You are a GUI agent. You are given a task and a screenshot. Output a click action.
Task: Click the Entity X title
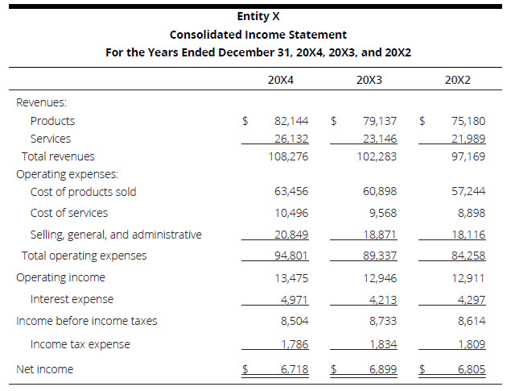coord(258,16)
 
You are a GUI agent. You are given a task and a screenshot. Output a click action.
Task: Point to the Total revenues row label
coord(58,156)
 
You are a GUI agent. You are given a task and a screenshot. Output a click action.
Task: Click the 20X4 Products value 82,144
coord(291,121)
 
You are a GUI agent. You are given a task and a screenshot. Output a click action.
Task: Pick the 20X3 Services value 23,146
coord(379,139)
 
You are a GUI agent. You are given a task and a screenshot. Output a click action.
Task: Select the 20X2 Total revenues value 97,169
coord(468,156)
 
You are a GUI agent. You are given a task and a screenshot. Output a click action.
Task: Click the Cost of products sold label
coord(83,192)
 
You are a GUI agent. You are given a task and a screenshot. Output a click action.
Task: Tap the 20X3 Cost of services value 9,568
coord(382,213)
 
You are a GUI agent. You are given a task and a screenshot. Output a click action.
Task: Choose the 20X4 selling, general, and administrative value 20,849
coord(291,235)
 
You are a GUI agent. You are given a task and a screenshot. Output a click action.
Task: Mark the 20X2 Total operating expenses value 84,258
coord(468,256)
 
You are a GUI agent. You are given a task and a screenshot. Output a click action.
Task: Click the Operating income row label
coord(60,277)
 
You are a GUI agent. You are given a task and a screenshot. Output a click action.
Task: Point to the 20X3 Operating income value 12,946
coord(379,277)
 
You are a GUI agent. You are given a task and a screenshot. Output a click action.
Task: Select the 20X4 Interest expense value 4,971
coord(294,299)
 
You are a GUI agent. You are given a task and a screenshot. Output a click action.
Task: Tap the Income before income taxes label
coord(87,321)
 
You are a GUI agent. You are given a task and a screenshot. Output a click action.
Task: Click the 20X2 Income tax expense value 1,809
coord(470,344)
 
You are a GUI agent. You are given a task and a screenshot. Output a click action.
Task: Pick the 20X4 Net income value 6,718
coord(294,369)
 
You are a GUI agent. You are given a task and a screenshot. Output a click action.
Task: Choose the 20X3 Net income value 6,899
coord(382,369)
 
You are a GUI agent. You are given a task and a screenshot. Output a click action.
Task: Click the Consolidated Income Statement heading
coord(258,35)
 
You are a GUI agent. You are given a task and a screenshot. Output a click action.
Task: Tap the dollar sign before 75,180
coord(422,121)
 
